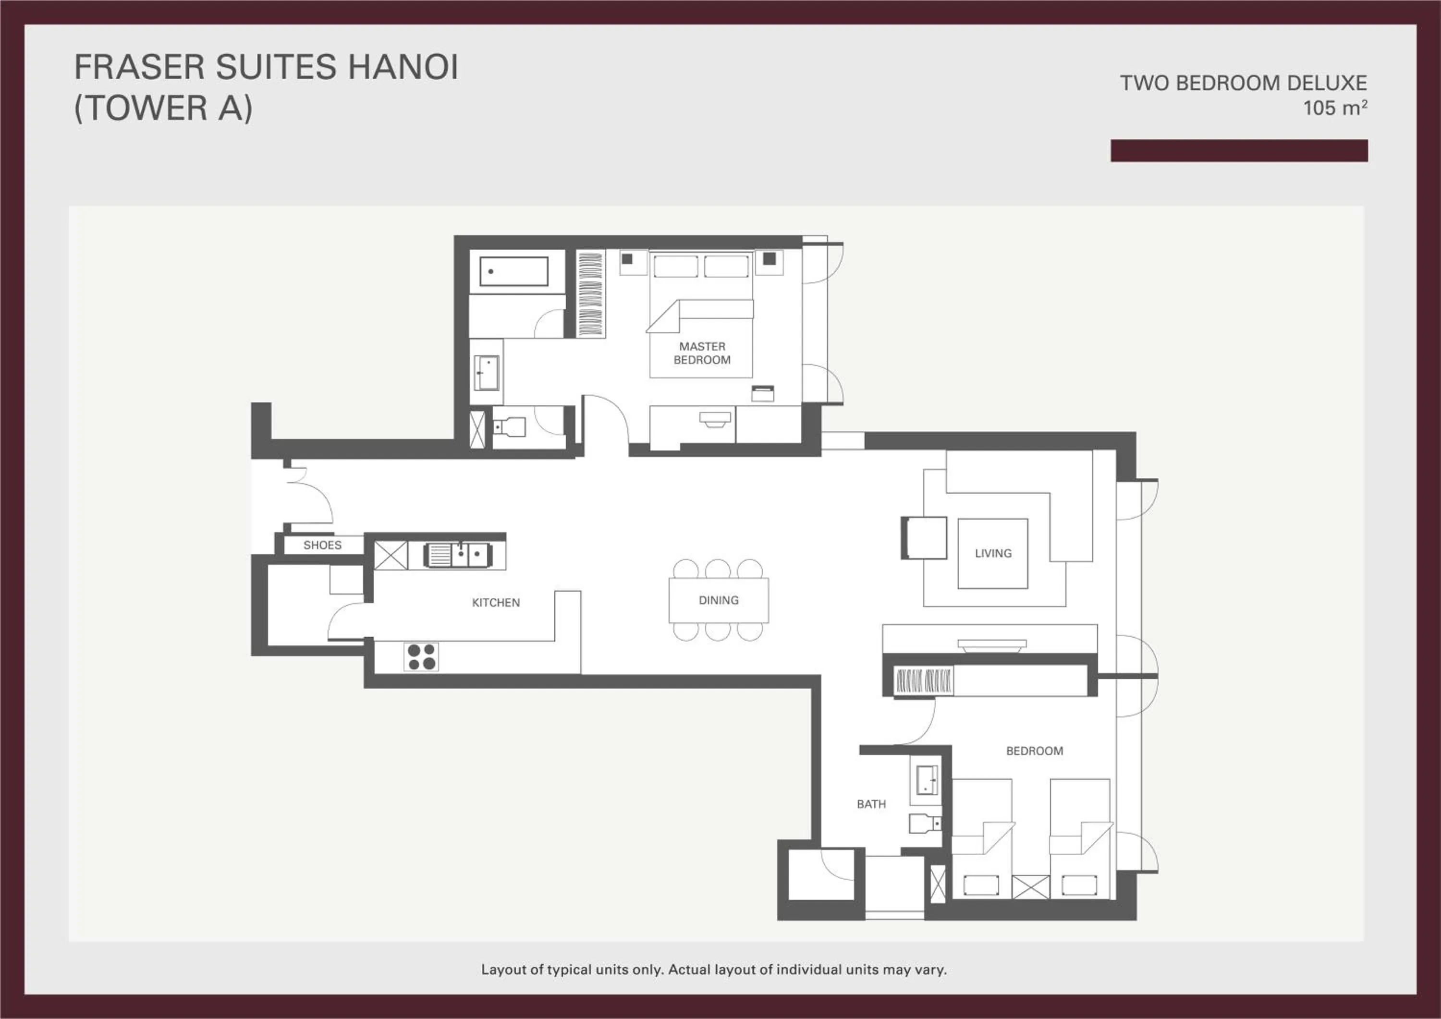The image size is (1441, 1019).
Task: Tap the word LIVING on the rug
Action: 993,553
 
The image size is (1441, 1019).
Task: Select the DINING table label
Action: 719,600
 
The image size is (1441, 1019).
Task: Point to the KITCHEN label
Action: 496,602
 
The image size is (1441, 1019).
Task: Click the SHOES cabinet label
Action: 323,545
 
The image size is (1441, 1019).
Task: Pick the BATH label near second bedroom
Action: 871,804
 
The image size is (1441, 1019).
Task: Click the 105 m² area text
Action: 1335,108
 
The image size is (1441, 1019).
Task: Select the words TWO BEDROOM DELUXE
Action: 1243,83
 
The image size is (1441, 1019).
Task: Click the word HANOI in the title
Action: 403,67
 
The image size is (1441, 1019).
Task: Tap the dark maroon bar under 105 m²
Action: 1239,151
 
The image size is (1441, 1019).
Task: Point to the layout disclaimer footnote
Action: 714,970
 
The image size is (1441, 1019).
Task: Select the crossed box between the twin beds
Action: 1030,886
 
